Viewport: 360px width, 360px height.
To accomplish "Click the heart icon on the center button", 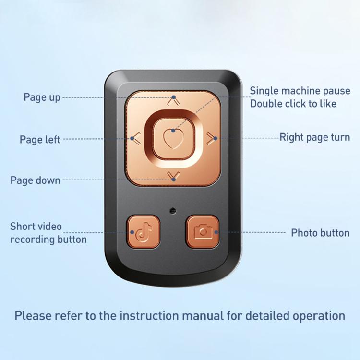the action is pos(174,139).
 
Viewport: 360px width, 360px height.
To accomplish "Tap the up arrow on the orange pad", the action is pos(174,101).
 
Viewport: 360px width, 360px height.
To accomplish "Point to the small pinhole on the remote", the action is pos(173,210).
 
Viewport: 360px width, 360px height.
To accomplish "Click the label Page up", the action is pos(42,97).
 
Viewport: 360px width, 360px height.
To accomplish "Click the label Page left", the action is pos(40,139).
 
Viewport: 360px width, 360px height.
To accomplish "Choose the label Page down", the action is pos(36,180).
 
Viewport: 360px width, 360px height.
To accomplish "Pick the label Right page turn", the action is pos(315,138).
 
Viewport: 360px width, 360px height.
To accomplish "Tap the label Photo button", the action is pos(320,233).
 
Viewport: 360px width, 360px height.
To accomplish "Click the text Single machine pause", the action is pos(300,91).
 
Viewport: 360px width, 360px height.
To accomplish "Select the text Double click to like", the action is pos(293,104).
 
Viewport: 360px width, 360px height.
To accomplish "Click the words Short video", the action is pos(36,227).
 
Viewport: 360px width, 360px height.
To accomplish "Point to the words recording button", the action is pos(48,240).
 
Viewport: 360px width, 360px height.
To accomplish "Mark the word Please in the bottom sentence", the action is pos(33,316).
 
